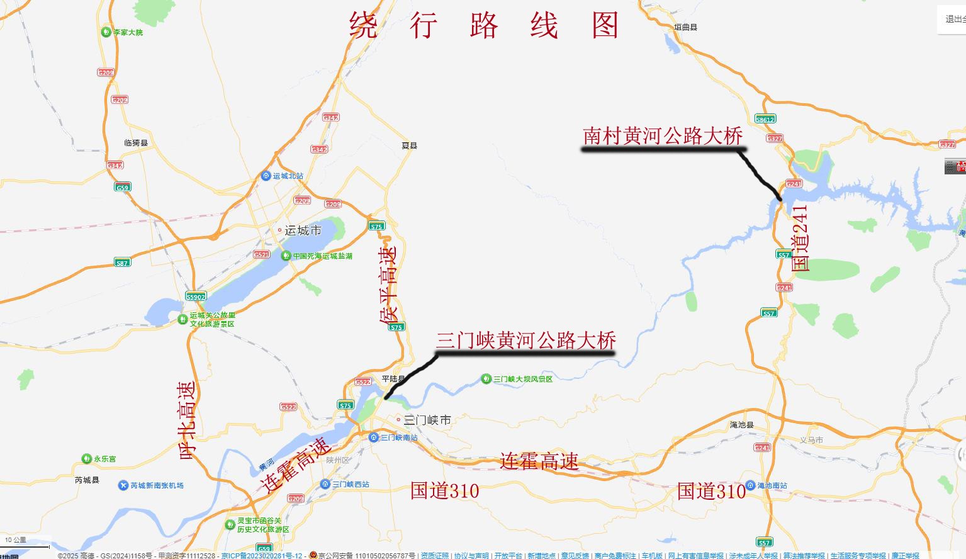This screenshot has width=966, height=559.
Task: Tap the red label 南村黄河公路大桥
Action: (x=663, y=136)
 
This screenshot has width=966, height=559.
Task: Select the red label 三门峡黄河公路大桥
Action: (x=525, y=341)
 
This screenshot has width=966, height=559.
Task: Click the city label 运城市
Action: (x=303, y=230)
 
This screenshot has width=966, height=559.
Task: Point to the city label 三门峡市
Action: (x=427, y=420)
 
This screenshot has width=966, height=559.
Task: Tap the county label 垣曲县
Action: (x=685, y=27)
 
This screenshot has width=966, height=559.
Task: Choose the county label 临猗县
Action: (x=136, y=143)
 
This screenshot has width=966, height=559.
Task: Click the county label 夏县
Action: (x=409, y=145)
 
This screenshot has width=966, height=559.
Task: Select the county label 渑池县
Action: (x=741, y=425)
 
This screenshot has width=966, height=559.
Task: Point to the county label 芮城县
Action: (x=87, y=480)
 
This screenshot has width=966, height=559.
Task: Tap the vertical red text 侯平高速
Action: (x=388, y=285)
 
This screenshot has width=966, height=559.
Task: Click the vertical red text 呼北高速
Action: (x=188, y=419)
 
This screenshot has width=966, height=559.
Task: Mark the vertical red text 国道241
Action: (x=799, y=238)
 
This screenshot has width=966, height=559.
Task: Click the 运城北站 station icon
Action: (x=266, y=176)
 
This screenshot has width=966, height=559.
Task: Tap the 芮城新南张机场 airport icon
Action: (x=123, y=485)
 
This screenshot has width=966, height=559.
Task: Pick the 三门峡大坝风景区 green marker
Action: (x=486, y=379)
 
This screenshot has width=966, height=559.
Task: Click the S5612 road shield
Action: (x=765, y=119)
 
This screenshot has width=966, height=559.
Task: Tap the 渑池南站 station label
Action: (x=772, y=485)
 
